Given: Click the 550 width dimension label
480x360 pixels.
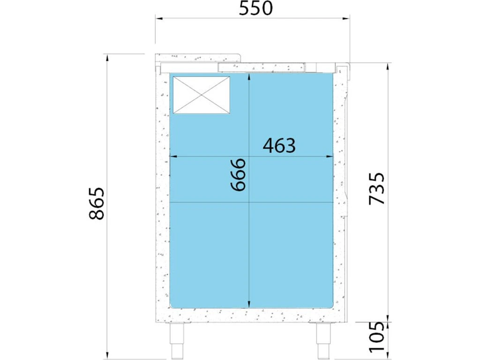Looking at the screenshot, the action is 255,8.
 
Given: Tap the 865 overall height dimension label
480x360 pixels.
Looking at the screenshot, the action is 97,203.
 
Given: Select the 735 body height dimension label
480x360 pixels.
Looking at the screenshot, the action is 376,188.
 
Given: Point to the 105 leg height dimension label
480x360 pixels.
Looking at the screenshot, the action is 376,337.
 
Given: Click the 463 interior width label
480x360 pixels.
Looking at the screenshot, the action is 279,146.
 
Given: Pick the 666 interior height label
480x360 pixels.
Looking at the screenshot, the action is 239,174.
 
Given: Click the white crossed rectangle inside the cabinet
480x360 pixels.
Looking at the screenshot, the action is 202,95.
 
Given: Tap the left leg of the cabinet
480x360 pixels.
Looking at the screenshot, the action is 177,340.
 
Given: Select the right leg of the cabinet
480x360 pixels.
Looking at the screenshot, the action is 324,340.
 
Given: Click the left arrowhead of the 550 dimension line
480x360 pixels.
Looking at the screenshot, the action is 159,19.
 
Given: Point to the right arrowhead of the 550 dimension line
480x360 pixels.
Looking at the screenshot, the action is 346,19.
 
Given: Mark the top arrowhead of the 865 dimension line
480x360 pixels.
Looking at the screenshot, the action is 107,58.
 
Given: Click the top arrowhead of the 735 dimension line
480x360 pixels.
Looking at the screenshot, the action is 388,67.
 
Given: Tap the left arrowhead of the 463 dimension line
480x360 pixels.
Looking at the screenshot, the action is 173,157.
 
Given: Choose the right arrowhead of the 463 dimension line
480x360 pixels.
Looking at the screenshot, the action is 330,157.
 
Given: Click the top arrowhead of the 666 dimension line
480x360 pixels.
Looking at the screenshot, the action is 249,77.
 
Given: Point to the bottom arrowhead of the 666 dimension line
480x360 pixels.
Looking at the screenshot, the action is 249,304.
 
